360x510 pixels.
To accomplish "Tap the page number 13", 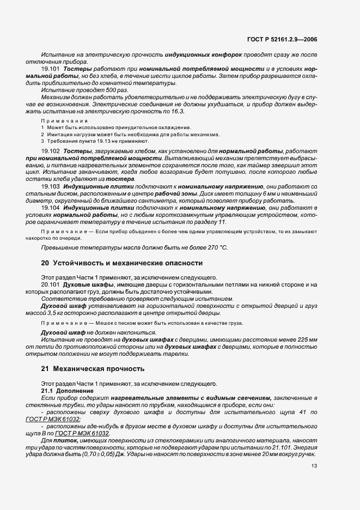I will click(314, 465).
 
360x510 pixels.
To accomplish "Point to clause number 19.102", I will click(51, 149).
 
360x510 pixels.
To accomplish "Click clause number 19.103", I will click(51, 186).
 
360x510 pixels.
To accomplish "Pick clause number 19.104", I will click(51, 208).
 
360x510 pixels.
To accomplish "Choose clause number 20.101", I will click(51, 284).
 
